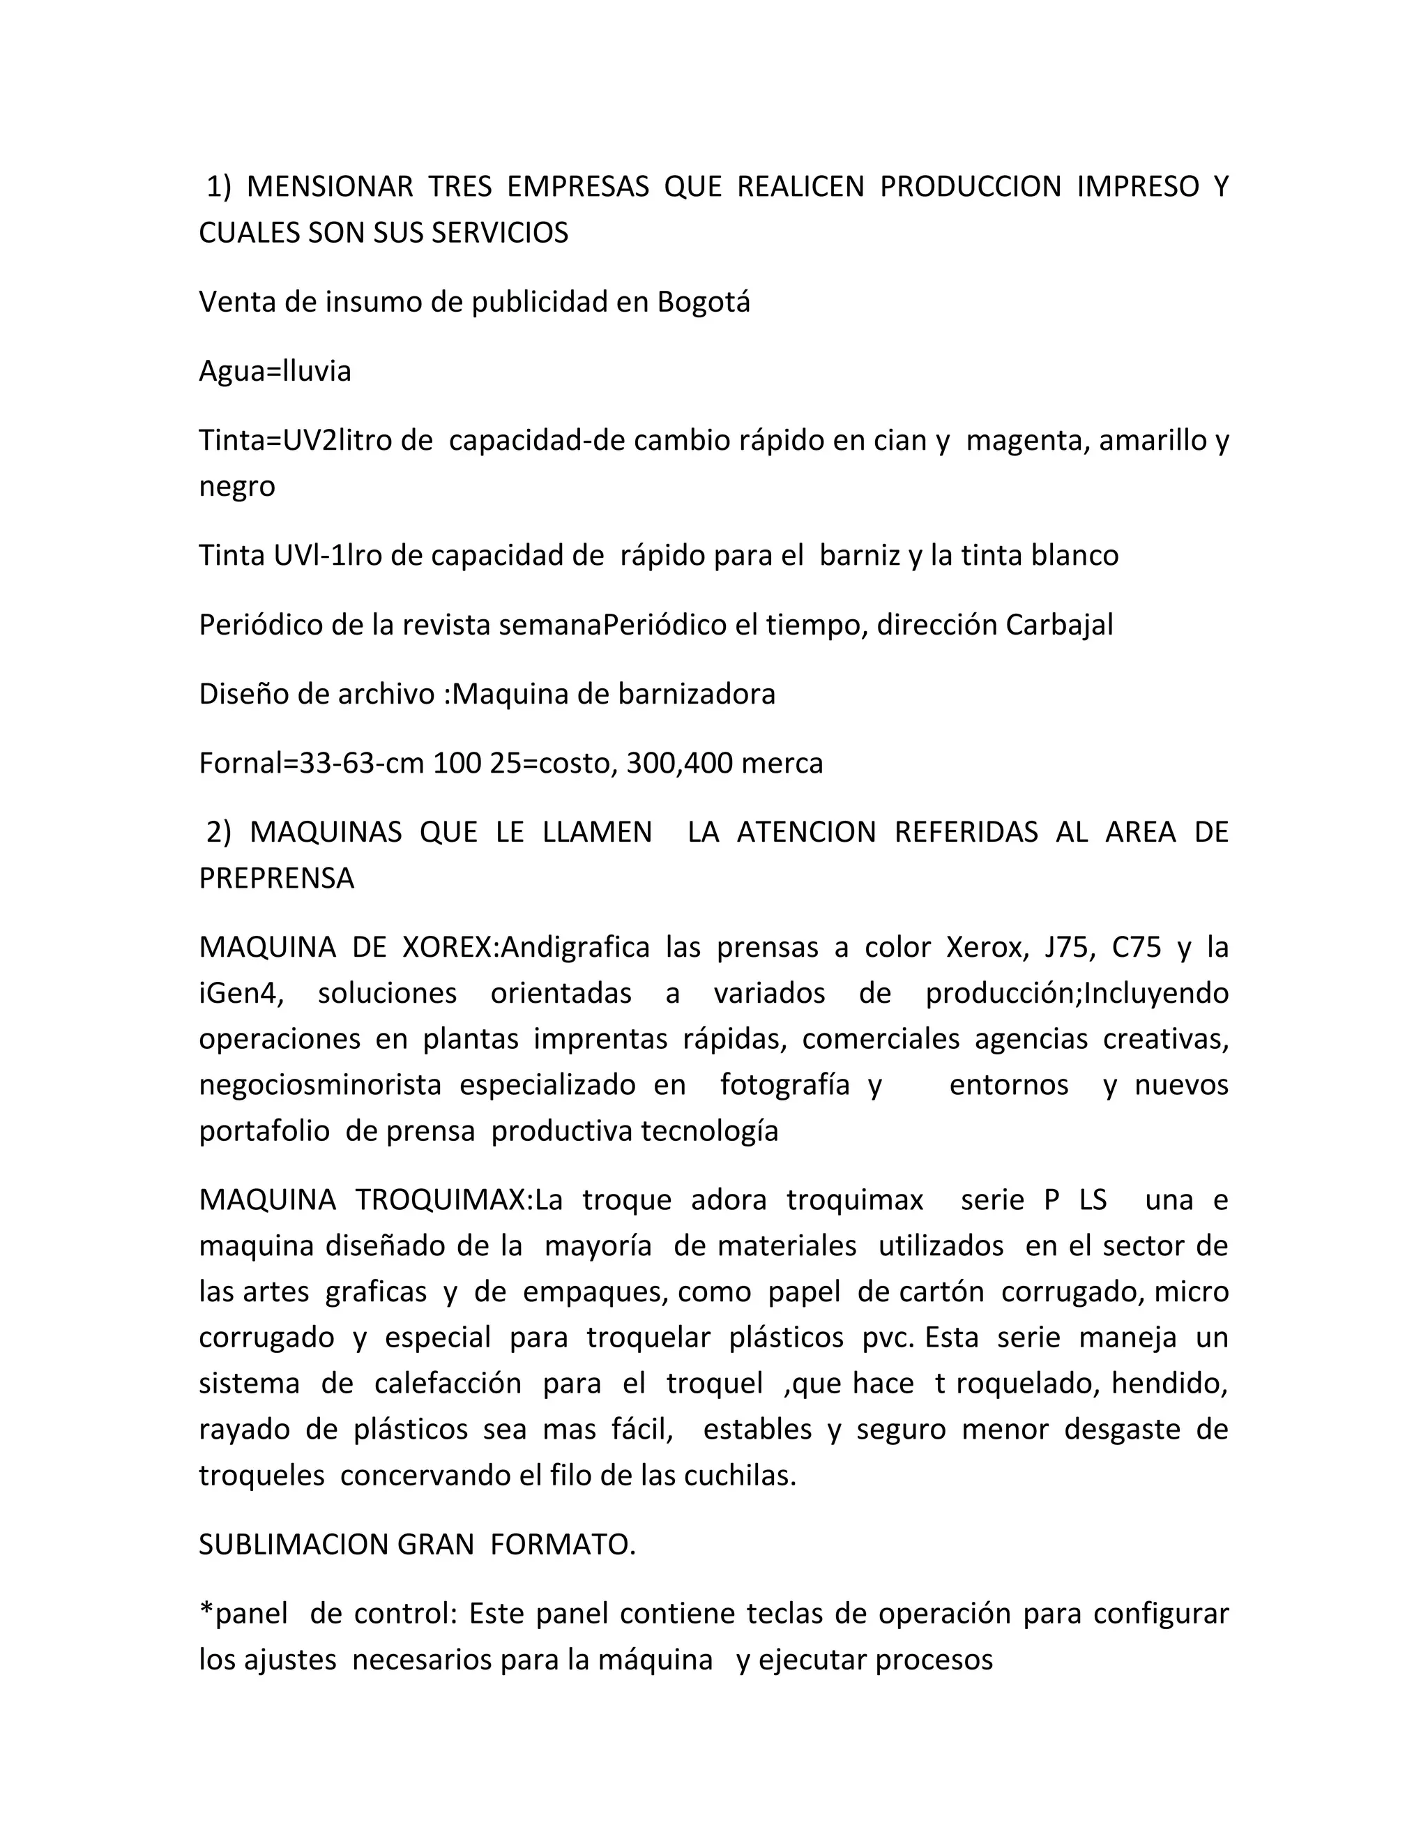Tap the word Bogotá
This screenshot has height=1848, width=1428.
[704, 302]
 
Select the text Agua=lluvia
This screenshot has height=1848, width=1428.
[275, 372]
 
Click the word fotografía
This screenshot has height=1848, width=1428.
[784, 1086]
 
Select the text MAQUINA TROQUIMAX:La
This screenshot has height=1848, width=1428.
[381, 1201]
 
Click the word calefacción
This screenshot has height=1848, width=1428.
[449, 1384]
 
